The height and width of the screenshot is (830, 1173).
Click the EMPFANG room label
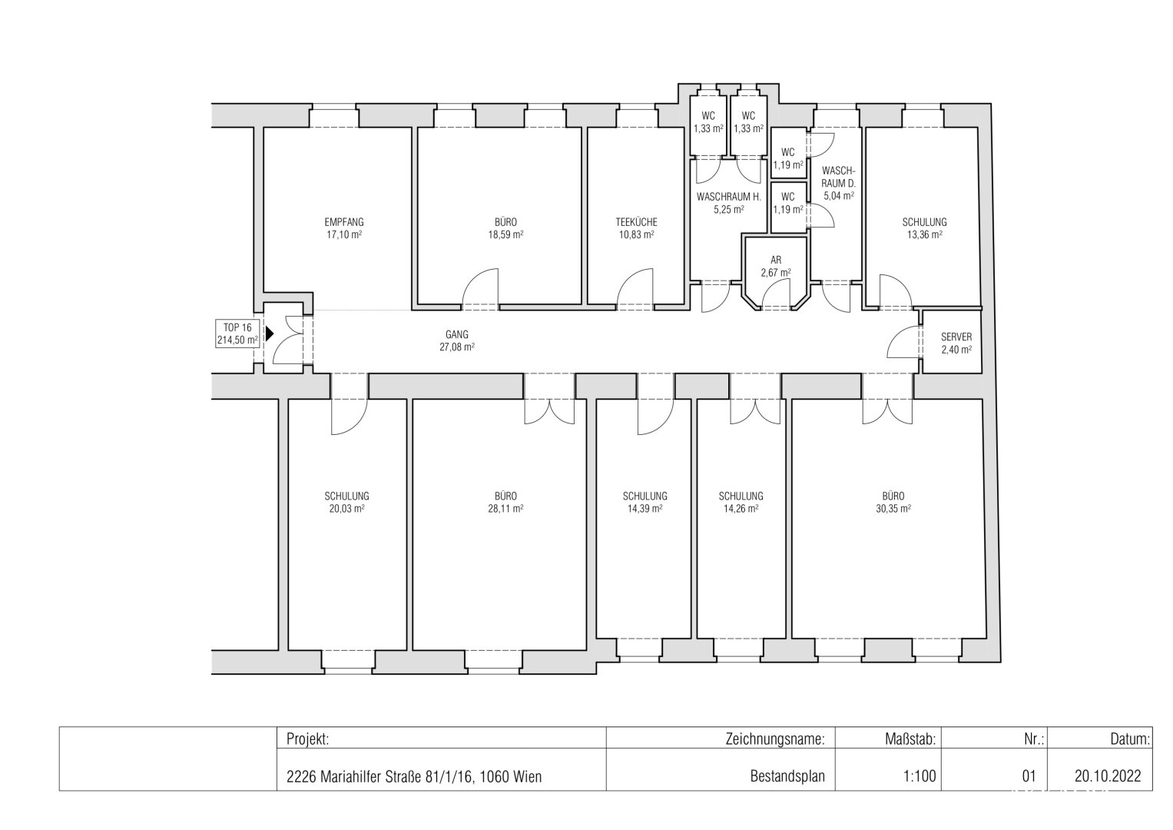coord(344,222)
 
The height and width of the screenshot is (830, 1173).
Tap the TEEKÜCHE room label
coord(636,222)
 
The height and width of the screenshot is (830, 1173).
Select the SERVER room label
coord(956,337)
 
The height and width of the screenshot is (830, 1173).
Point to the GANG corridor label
coord(456,334)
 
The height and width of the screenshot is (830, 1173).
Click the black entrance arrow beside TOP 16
coord(270,334)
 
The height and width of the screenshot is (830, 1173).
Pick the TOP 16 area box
coord(237,334)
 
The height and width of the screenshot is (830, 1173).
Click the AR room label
coord(776,260)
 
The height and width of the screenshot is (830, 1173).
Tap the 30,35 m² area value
coord(893,508)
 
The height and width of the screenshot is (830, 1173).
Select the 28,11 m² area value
coord(506,508)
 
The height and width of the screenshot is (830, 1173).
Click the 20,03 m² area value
coord(346,508)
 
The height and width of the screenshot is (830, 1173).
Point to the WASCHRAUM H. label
coord(728,197)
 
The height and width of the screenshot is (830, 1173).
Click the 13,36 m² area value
coord(925,234)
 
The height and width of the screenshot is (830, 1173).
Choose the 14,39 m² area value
coord(645,508)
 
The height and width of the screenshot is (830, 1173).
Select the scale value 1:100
coord(920,775)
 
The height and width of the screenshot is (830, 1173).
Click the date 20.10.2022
coord(1108,775)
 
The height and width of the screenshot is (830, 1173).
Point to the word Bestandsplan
coord(787,776)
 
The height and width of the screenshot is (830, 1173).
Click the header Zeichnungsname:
coord(775,739)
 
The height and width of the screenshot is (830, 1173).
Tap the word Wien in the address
coord(527,776)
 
